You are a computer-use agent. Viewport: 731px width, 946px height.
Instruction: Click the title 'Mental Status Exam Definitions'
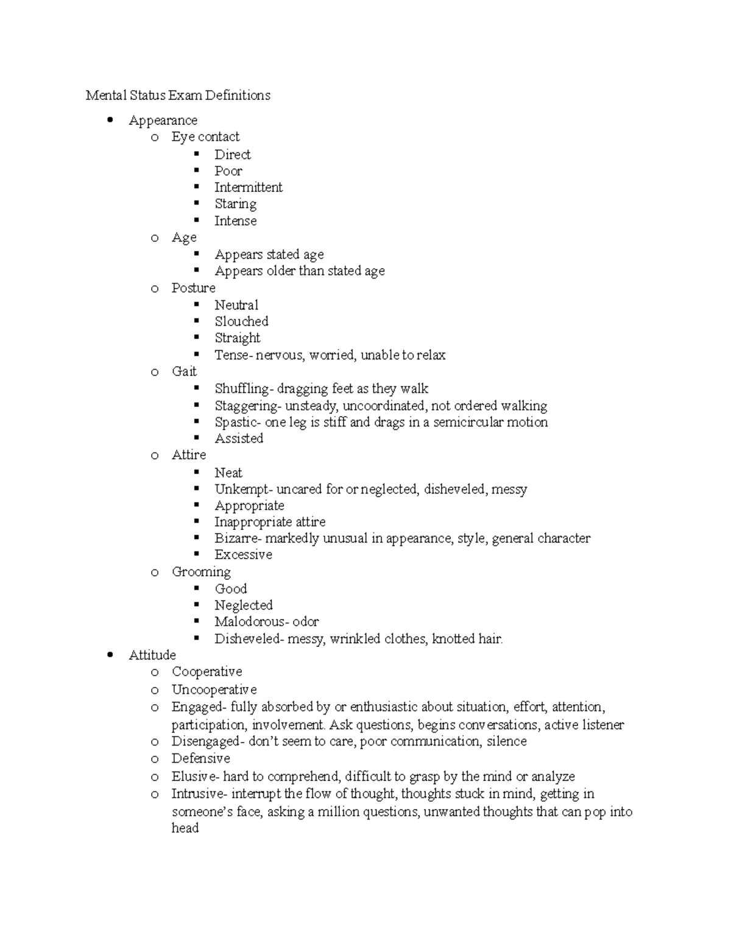178,96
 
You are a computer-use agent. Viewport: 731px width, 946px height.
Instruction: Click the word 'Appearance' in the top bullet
163,121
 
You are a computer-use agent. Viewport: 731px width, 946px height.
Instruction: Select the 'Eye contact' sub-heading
205,137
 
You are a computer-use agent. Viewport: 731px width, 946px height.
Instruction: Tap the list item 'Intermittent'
248,188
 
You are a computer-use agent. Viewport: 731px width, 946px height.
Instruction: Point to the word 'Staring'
235,204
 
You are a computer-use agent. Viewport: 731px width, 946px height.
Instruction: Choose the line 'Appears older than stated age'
299,271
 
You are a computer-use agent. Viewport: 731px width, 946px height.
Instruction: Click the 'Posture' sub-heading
193,288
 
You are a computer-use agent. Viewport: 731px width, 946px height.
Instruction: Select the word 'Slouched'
241,322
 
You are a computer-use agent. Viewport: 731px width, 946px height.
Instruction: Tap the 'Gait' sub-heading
184,372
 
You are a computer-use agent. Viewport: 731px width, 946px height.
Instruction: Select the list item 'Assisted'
239,439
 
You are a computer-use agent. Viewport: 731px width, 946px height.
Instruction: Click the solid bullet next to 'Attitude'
110,655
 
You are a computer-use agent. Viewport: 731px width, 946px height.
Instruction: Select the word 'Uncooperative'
214,690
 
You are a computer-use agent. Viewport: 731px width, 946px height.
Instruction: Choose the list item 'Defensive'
200,758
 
